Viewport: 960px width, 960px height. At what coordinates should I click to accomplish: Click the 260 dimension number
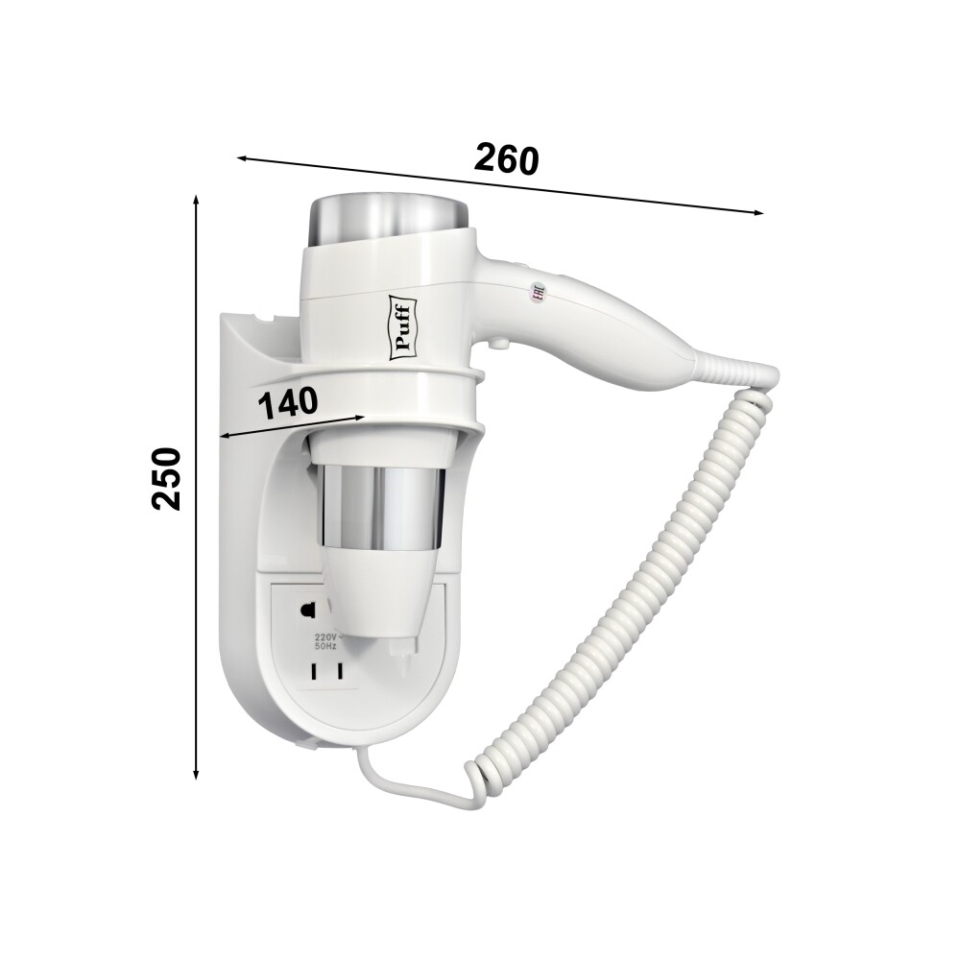click(507, 159)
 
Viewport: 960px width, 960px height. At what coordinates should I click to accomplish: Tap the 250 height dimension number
click(166, 479)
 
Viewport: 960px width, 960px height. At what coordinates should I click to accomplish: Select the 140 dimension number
click(288, 403)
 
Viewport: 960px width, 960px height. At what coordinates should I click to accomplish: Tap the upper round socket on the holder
click(307, 611)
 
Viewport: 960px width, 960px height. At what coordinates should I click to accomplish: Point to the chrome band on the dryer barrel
click(379, 506)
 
